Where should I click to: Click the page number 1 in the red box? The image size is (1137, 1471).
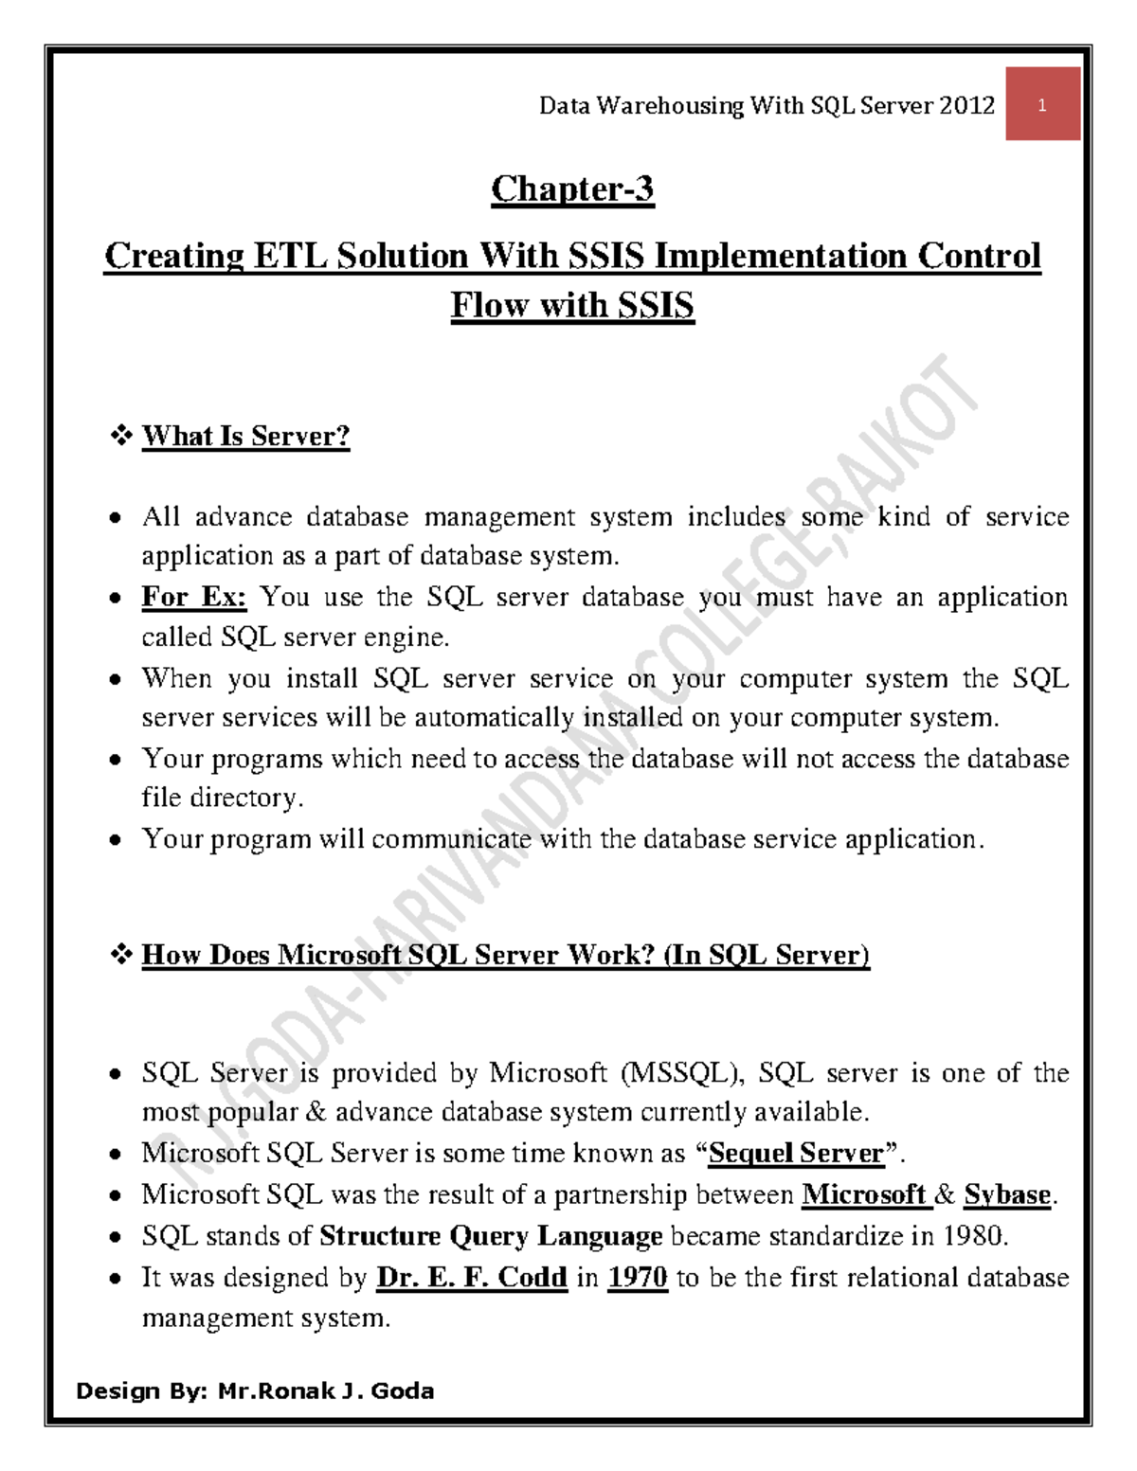coord(1042,105)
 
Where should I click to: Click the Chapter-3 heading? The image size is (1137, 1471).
coord(572,188)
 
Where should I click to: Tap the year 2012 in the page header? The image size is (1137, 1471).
coord(967,105)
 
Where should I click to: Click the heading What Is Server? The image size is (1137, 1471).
coord(245,436)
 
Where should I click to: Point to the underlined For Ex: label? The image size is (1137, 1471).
coord(194,597)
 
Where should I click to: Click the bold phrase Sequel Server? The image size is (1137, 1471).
coord(796,1153)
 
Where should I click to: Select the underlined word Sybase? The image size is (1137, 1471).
coord(1007,1194)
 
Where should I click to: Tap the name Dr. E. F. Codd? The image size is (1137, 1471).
coord(472,1278)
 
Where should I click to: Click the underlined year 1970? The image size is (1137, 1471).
coord(638,1278)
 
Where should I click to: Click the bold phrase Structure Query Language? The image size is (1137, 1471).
coord(491,1236)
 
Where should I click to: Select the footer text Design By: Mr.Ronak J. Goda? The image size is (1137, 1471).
coord(255,1390)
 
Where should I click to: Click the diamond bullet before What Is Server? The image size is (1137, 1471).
coord(121,436)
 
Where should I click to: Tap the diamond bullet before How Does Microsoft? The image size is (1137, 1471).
coord(121,955)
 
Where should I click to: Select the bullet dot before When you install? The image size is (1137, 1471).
coord(115,679)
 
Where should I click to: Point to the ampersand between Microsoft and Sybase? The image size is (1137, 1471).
coord(945,1194)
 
